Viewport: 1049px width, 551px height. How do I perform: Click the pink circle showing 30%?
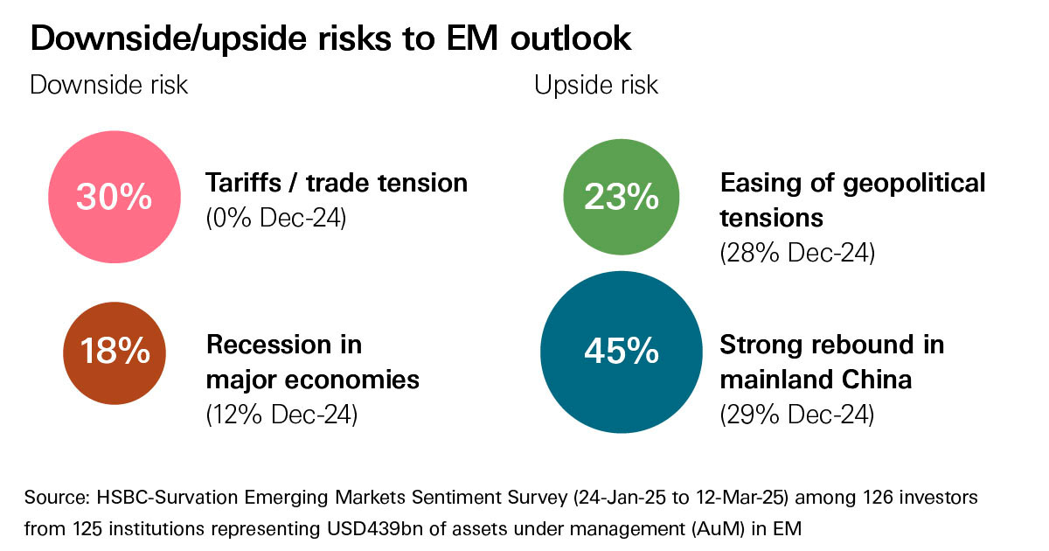114,198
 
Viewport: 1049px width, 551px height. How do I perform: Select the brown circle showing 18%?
115,352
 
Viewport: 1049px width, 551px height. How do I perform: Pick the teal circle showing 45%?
622,352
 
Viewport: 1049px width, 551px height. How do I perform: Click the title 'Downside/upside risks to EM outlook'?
330,38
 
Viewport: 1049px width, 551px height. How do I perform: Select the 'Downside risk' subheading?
109,86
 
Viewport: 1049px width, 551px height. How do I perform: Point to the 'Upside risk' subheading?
596,86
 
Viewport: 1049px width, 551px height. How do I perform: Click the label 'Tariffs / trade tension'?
337,183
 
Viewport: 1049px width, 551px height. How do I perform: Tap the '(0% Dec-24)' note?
276,218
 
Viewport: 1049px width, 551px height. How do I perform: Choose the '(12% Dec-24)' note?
281,414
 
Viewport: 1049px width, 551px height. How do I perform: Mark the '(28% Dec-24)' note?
796,253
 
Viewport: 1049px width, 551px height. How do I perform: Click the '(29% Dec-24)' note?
796,414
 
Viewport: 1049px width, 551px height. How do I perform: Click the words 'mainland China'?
816,380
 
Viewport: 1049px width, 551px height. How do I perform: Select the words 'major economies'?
313,380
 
